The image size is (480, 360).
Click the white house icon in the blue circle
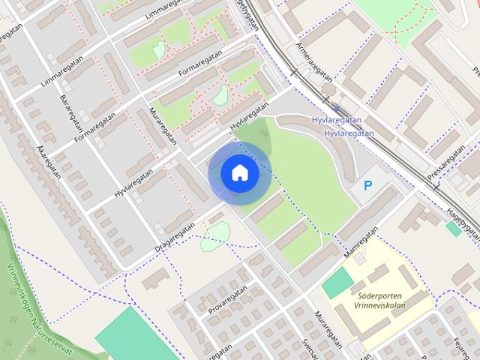239,173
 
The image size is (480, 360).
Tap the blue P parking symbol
367,185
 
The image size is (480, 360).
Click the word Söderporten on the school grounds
381,295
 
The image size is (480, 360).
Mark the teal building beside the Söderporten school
337,282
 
